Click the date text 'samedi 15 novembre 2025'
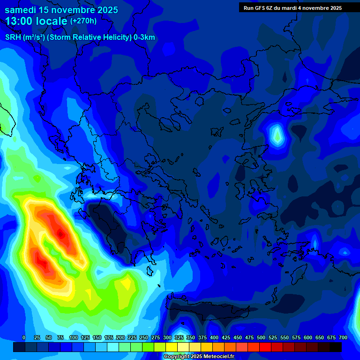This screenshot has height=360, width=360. click(x=61, y=10)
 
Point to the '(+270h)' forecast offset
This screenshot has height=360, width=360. click(x=83, y=21)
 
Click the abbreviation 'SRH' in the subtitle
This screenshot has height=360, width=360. click(x=13, y=37)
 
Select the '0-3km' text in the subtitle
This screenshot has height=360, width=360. click(x=144, y=37)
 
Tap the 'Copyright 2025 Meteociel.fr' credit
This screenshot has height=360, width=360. click(x=198, y=357)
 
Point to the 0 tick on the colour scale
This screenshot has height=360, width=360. click(x=24, y=337)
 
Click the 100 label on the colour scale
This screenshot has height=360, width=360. click(x=73, y=337)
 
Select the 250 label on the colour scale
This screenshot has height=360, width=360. click(x=143, y=337)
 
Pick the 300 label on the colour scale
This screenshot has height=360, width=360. click(x=167, y=337)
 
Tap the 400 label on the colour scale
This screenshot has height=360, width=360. click(x=214, y=337)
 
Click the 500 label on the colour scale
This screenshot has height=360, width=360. click(x=261, y=337)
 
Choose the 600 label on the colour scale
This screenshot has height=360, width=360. click(x=308, y=337)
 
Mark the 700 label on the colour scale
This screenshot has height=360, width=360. click(x=343, y=337)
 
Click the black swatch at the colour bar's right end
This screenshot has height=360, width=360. click(x=336, y=347)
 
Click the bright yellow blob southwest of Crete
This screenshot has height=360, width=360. click(x=126, y=283)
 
